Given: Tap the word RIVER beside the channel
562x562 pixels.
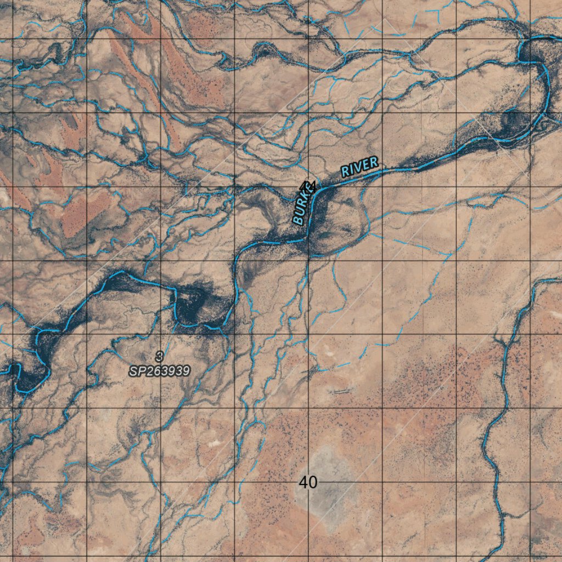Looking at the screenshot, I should tap(359, 167).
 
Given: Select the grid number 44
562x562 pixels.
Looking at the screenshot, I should tap(308, 187).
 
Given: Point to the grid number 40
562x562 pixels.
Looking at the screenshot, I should tap(308, 482).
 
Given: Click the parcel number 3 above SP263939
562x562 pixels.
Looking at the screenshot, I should tap(159, 357).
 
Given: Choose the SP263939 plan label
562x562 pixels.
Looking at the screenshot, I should tap(160, 372).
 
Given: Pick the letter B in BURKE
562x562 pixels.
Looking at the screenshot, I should tap(297, 220).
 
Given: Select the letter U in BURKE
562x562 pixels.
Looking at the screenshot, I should tap(299, 215).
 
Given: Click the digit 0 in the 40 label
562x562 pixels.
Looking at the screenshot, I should tap(313, 482).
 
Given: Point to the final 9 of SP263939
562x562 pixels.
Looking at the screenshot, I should tap(186, 372).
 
